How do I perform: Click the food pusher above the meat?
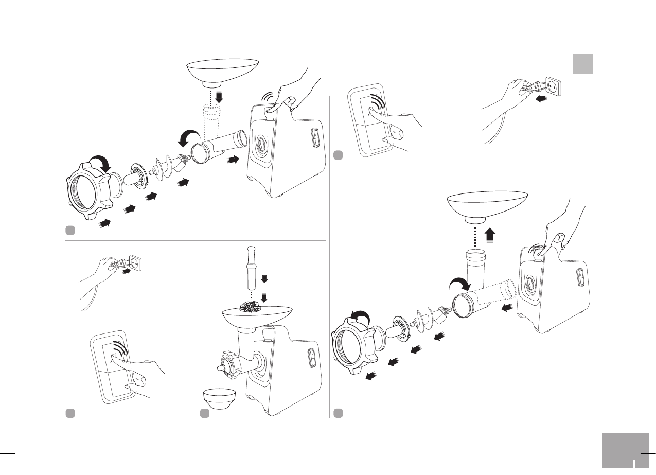(251, 267)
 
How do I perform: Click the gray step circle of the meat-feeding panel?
(205, 413)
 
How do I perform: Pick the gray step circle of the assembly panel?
(71, 230)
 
